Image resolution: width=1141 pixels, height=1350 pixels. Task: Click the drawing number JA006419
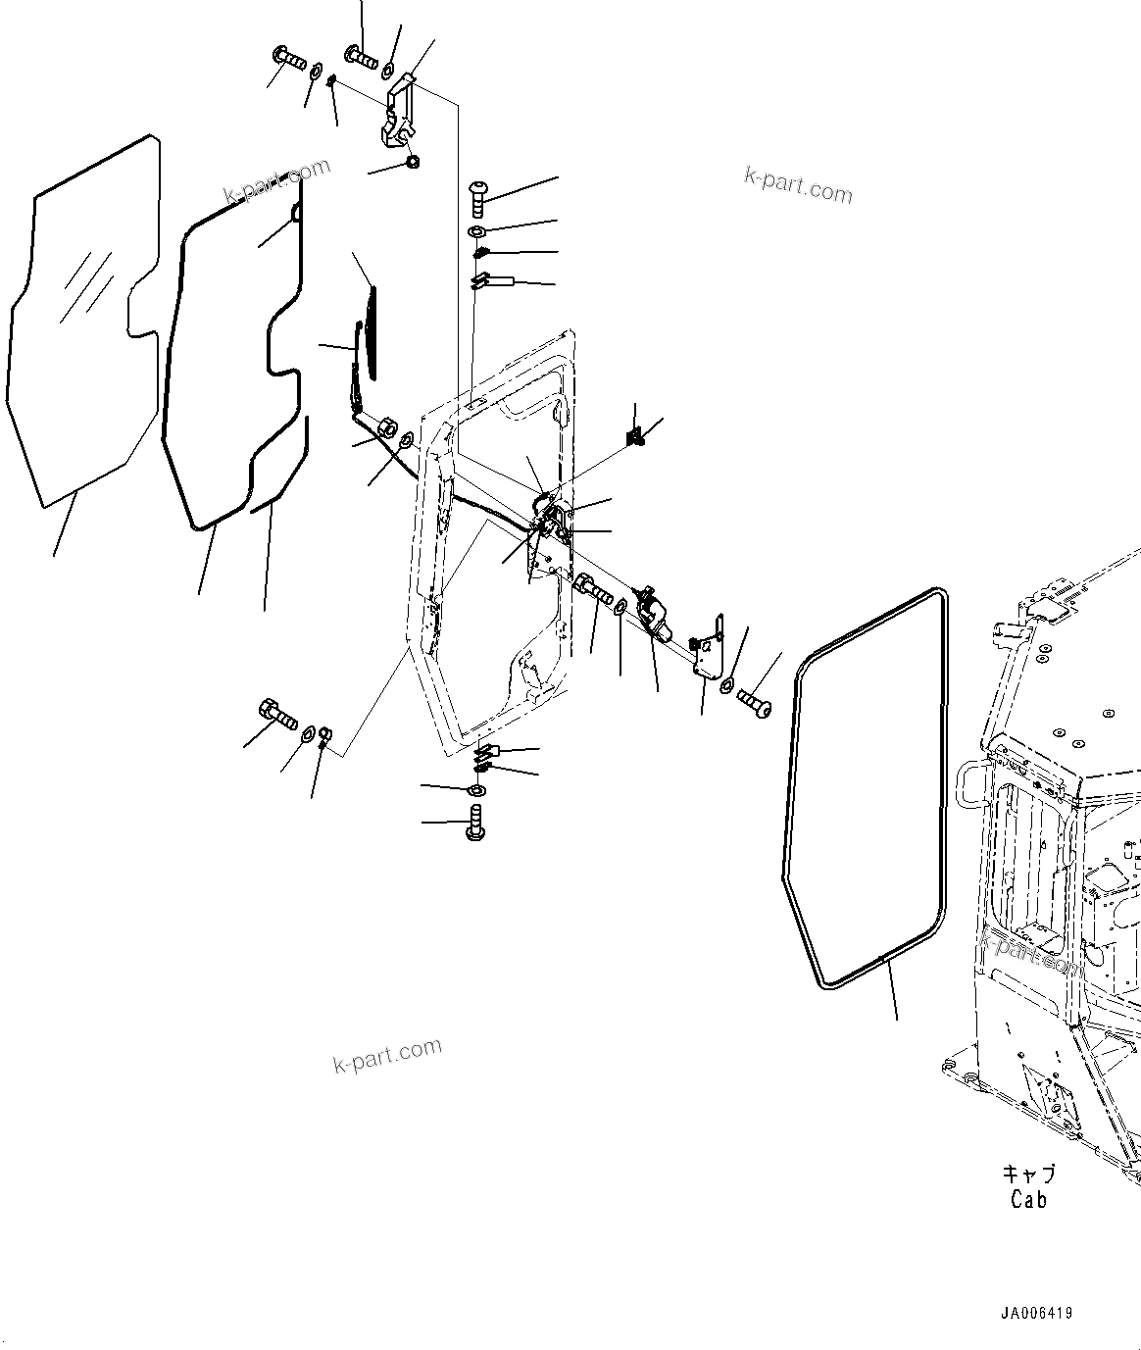[x=1036, y=1312]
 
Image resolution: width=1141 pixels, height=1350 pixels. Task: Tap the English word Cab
[x=1028, y=1199]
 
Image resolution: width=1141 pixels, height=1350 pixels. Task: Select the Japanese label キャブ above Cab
[x=1028, y=1174]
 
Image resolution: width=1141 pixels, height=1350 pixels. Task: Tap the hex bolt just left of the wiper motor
[x=594, y=590]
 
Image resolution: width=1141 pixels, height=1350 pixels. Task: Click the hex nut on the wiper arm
[x=385, y=427]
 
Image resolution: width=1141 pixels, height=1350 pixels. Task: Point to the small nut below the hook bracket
[x=412, y=162]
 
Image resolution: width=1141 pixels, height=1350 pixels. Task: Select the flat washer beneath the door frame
[x=477, y=790]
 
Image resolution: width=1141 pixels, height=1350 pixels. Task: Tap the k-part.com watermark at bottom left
[x=387, y=1056]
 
